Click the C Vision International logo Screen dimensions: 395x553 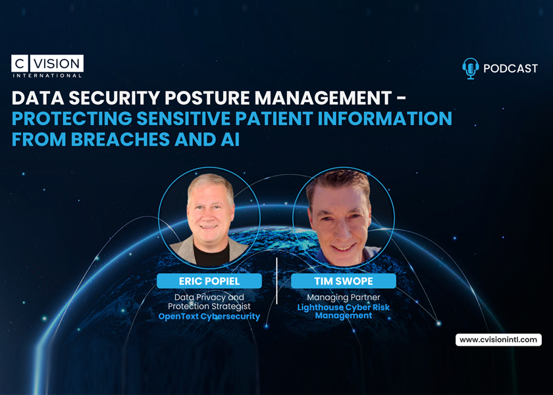click(x=47, y=66)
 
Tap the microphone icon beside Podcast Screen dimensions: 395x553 click(x=470, y=68)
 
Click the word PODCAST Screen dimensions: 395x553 click(x=510, y=68)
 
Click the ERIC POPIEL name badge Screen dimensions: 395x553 click(x=209, y=281)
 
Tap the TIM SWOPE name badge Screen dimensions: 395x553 click(x=344, y=281)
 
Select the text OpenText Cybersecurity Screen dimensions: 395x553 click(x=209, y=316)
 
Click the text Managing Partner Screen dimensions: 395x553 click(x=344, y=298)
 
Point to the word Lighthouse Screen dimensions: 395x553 click(x=321, y=307)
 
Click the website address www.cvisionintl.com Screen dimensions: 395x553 click(x=498, y=340)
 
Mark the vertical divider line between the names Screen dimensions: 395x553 click(x=276, y=281)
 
